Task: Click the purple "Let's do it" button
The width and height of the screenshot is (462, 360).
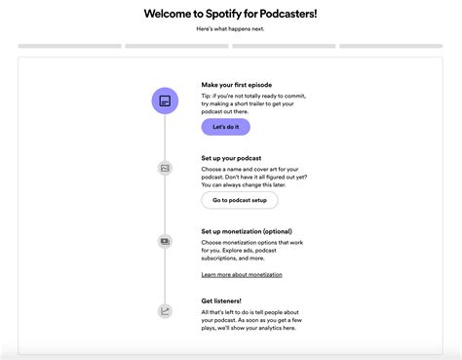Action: tap(225, 127)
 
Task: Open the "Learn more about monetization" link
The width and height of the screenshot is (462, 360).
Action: tap(242, 275)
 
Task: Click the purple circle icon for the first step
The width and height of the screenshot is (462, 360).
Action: tap(165, 100)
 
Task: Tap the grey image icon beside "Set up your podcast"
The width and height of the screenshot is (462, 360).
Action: tap(165, 168)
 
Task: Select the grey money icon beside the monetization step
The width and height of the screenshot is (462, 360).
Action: tap(165, 241)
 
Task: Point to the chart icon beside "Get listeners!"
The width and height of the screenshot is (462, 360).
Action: tap(165, 311)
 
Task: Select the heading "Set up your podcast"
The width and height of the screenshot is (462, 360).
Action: tap(234, 157)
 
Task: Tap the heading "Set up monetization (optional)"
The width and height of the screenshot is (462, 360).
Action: tap(248, 231)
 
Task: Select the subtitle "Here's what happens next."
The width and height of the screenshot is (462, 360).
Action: tap(230, 29)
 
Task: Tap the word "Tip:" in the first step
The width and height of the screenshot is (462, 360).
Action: tap(208, 96)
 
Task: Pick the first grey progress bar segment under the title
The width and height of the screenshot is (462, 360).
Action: tap(69, 46)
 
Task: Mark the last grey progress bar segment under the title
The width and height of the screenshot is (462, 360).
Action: tap(391, 46)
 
